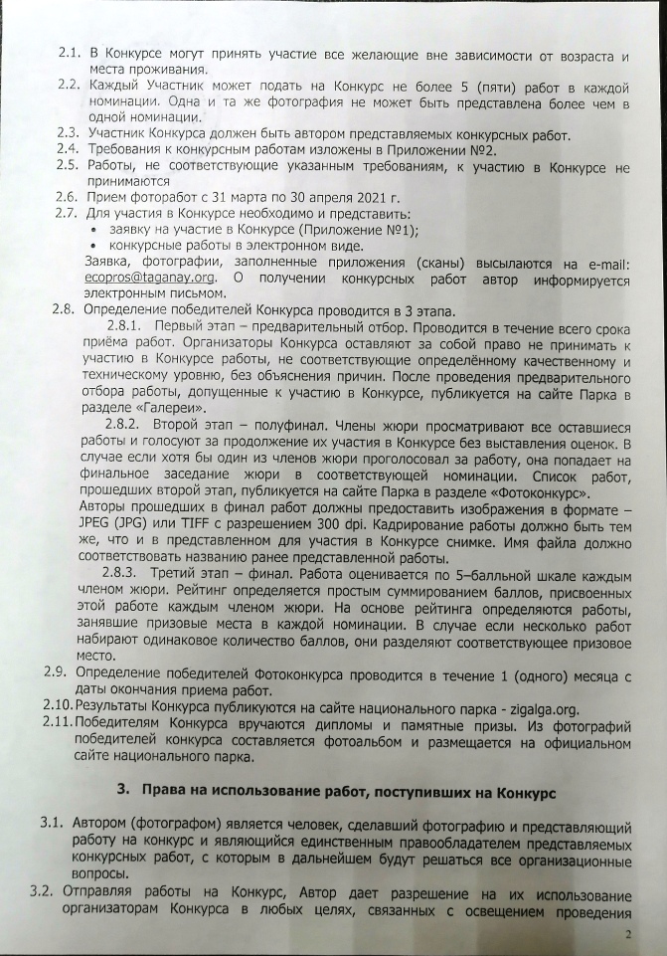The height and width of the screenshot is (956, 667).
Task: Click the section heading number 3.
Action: [x=124, y=792]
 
